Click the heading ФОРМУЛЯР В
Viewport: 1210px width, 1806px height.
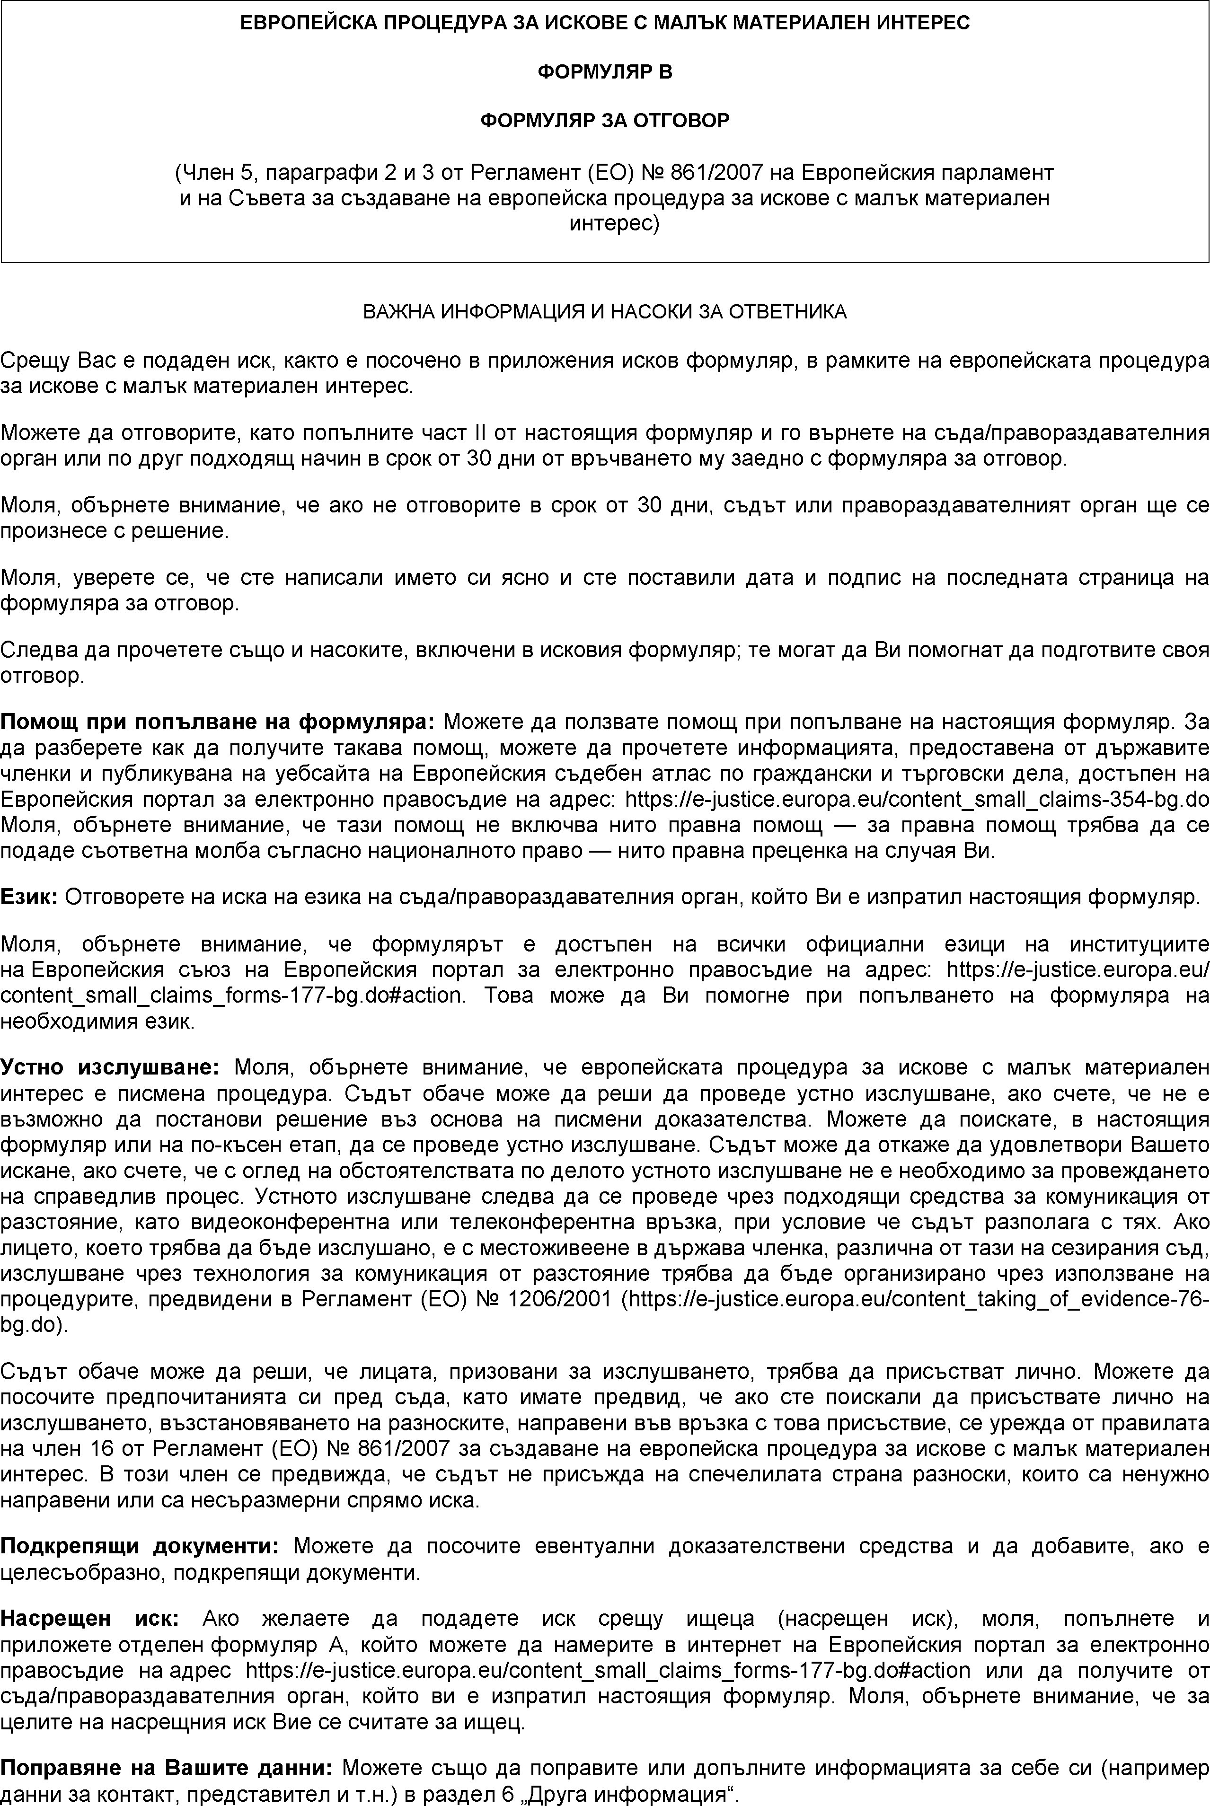pos(604,72)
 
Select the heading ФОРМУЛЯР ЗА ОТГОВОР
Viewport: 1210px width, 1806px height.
pos(604,121)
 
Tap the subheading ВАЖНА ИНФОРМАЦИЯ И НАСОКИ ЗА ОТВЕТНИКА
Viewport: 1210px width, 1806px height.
pos(604,312)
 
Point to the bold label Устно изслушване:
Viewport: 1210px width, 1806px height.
pos(110,1068)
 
